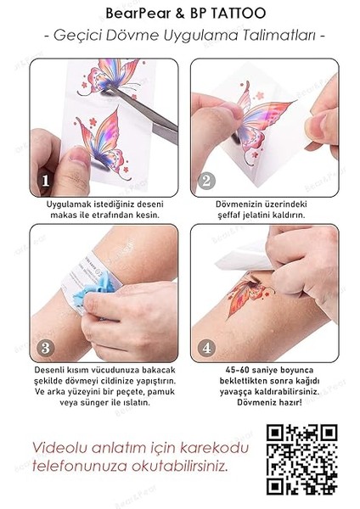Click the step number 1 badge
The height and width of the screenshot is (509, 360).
point(45,180)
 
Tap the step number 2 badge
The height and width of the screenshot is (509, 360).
point(206,180)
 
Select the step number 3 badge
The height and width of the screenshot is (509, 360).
point(45,348)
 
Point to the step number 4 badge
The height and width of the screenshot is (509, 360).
point(206,348)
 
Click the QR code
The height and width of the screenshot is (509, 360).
point(302,458)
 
